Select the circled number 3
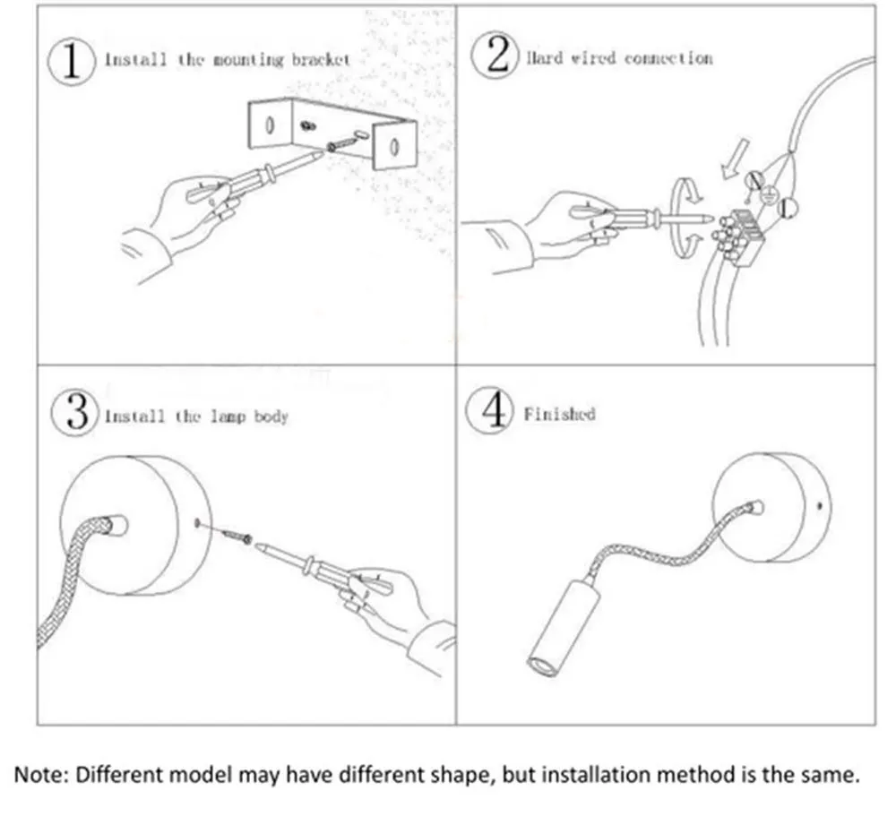[75, 415]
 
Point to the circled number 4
[491, 413]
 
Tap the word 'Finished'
[559, 415]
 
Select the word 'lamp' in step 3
[229, 417]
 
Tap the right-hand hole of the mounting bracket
[392, 141]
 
